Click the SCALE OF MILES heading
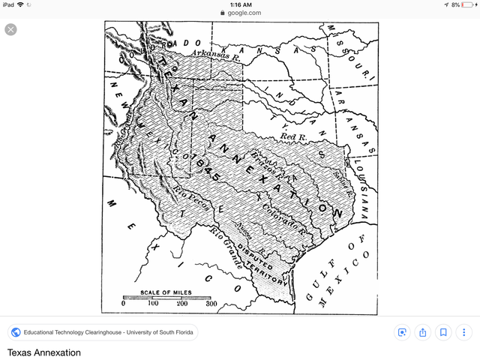click(x=166, y=292)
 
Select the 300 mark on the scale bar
click(x=211, y=304)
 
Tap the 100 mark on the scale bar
click(x=153, y=304)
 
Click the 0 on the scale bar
click(x=124, y=304)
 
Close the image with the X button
click(x=10, y=30)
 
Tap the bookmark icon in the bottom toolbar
click(x=444, y=332)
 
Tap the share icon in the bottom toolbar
click(x=423, y=332)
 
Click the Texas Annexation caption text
click(x=44, y=352)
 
